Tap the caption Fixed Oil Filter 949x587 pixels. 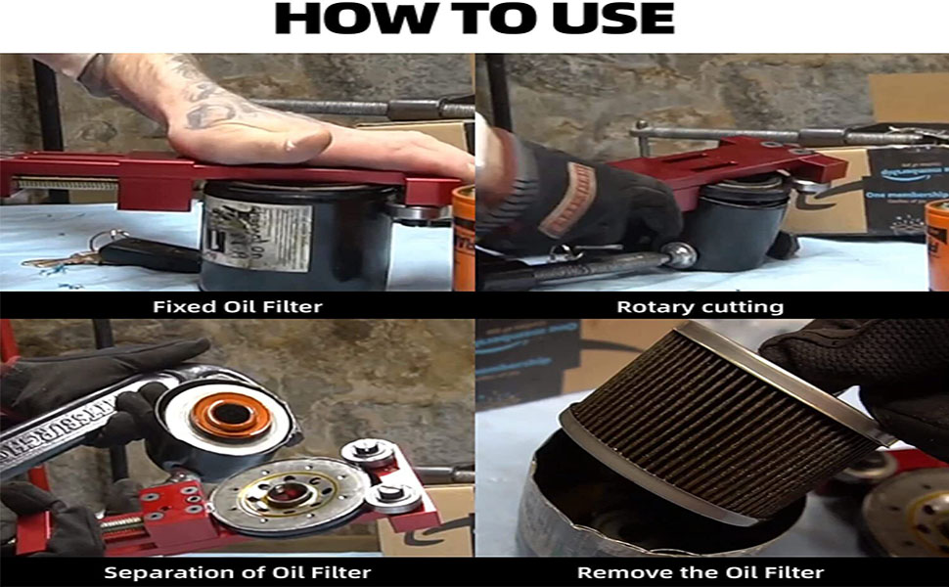point(237,306)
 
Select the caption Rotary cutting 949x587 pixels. point(700,306)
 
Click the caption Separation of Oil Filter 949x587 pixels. point(237,571)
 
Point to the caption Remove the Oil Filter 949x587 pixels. point(700,571)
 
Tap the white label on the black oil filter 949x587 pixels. point(257,235)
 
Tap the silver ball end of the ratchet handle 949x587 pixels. point(677,255)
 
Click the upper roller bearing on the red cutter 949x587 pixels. point(367,453)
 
